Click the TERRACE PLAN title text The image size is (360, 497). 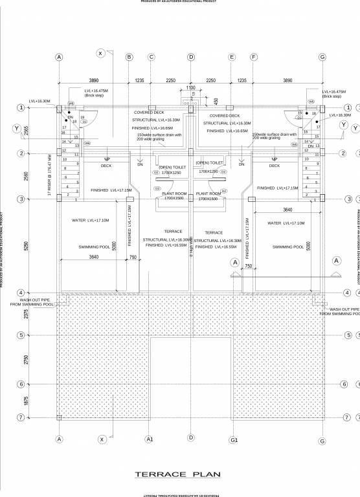coord(177,474)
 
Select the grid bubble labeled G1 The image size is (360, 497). coord(234,440)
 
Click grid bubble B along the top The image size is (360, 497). coord(129,57)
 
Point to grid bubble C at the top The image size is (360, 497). coord(152,57)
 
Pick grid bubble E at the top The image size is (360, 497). coord(231,57)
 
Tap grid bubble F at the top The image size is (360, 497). coord(254,57)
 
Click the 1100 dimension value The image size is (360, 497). coord(190,87)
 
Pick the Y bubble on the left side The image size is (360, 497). coord(16,128)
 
